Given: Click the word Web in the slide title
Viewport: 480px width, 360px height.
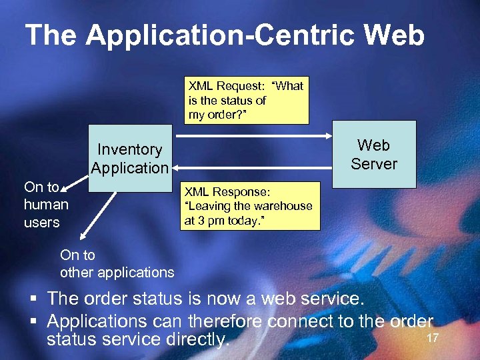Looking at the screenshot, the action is (x=395, y=35).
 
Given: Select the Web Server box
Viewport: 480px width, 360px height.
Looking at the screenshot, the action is (x=374, y=154).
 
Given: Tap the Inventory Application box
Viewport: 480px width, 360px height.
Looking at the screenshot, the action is (x=129, y=159).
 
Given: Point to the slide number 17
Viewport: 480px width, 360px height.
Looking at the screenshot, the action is (x=432, y=338).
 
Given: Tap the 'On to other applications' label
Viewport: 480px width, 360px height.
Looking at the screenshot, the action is (x=117, y=263).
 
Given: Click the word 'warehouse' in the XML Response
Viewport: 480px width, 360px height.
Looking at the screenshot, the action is (x=283, y=206).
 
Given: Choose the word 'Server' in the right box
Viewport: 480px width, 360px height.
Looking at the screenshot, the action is (x=374, y=164).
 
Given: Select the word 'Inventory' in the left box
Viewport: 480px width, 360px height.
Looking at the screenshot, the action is (x=129, y=149).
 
